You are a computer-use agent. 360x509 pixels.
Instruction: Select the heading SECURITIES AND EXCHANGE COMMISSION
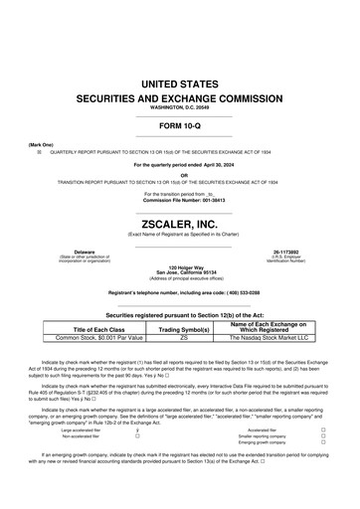(179, 101)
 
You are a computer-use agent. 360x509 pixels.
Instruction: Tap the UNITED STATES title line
(179, 86)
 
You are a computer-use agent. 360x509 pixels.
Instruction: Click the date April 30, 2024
(208, 164)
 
